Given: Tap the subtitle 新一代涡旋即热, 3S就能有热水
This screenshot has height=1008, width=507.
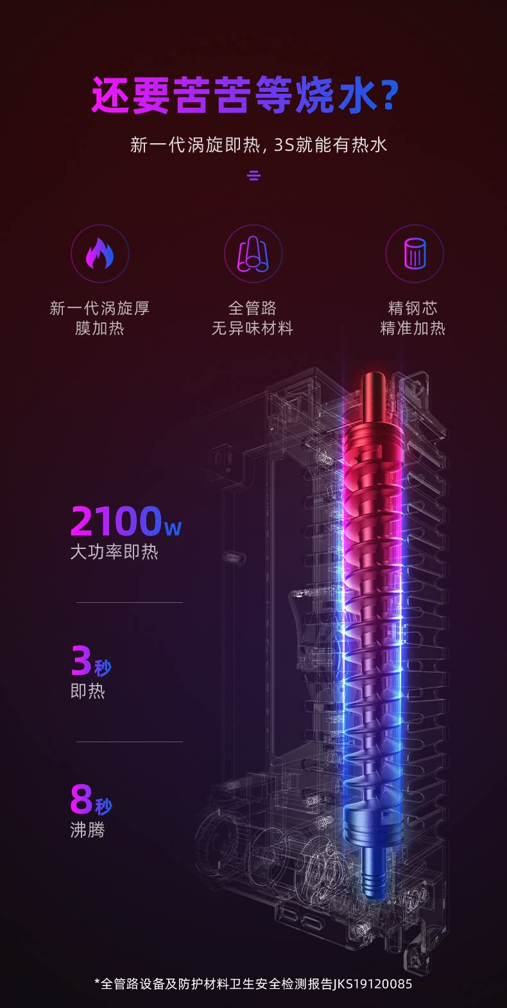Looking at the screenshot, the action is click(259, 145).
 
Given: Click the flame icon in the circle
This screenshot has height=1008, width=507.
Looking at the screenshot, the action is click(99, 254).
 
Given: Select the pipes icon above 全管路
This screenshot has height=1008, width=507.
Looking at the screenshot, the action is click(253, 254).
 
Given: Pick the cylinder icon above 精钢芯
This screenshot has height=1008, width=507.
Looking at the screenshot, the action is click(415, 254).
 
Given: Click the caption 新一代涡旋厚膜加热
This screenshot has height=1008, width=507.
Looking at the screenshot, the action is click(99, 318).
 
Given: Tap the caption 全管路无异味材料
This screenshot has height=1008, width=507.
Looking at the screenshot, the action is click(253, 318).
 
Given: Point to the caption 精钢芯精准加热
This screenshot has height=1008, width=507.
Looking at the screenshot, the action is click(413, 318).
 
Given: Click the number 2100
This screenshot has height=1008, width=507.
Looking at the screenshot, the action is click(116, 521).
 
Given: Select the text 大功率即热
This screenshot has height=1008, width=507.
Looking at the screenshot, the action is click(114, 552).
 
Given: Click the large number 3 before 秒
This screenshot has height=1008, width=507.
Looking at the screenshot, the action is click(81, 661).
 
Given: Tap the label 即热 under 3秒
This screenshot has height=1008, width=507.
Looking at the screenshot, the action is click(88, 691).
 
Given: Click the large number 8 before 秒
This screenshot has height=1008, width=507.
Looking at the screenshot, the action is click(82, 800).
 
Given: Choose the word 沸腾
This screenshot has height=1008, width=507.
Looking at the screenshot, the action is click(88, 830).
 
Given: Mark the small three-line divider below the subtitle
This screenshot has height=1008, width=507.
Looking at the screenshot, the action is click(254, 175).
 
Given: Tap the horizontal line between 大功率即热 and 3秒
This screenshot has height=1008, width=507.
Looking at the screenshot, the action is click(130, 602).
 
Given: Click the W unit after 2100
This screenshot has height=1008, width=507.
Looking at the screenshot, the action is click(173, 528).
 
